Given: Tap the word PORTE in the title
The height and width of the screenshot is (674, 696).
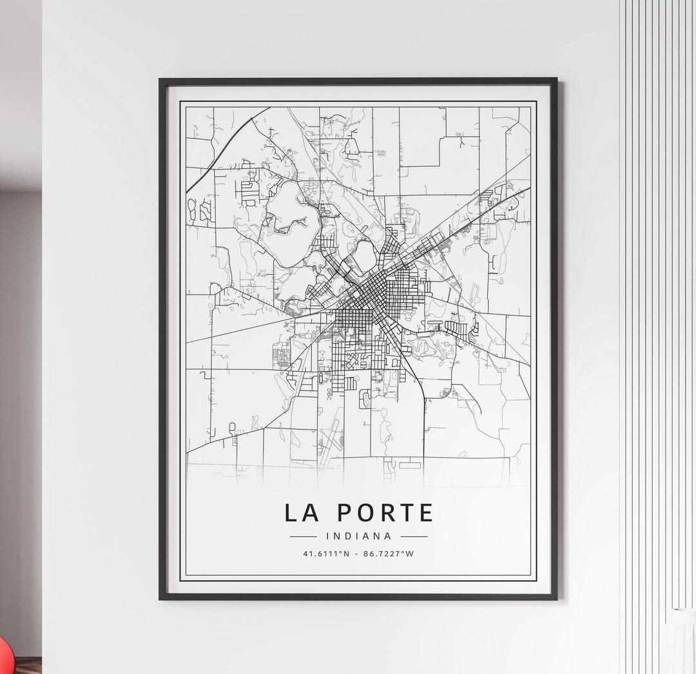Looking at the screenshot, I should click(x=385, y=513).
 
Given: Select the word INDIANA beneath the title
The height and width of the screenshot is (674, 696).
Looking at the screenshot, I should click(x=359, y=535).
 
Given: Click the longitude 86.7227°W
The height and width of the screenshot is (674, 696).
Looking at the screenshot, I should click(x=389, y=554).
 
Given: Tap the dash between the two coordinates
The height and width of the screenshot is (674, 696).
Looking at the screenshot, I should click(x=357, y=554).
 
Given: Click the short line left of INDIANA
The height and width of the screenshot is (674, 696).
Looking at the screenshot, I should click(x=304, y=536).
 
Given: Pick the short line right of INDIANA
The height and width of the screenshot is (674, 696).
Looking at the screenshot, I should click(x=414, y=536).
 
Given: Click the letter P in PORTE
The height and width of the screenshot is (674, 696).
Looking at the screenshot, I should click(x=345, y=513).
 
